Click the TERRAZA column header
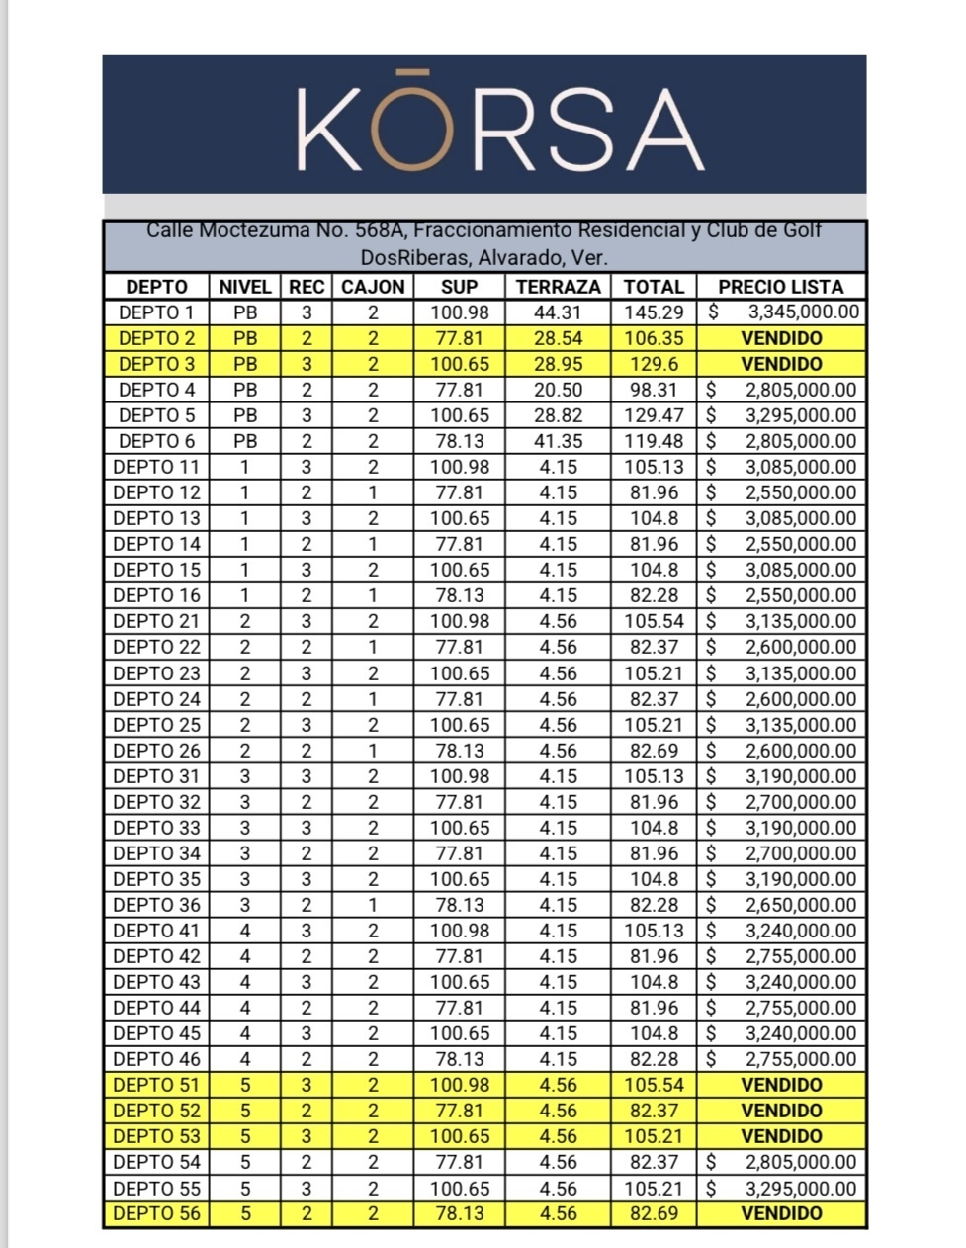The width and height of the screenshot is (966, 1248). (558, 287)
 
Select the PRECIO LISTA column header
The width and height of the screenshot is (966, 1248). (780, 287)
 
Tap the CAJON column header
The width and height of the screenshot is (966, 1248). (373, 287)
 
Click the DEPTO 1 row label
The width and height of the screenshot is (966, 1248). (156, 312)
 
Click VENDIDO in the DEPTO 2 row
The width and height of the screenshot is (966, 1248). (780, 338)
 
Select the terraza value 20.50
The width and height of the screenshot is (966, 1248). (559, 390)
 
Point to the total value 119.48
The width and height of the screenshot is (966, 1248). (654, 441)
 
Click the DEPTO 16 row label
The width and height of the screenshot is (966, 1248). (156, 595)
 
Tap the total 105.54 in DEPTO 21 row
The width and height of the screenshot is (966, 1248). (654, 621)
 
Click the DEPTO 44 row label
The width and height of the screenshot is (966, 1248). (156, 1008)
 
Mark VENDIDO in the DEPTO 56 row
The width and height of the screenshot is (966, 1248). (780, 1213)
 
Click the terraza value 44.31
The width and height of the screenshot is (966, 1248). (559, 312)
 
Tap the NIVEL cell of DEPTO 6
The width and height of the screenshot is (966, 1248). (245, 441)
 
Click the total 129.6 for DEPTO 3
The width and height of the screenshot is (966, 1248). (654, 364)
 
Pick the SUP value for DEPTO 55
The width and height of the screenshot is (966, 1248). (460, 1188)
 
